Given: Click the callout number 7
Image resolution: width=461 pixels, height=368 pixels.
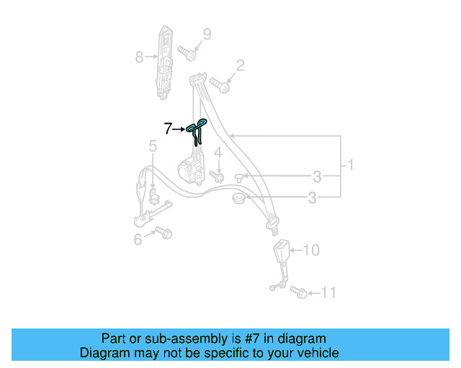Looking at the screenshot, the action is (x=168, y=129).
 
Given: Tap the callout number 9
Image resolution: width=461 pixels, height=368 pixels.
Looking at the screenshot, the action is (x=207, y=34).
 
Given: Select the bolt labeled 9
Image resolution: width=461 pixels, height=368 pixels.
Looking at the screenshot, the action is (x=187, y=53).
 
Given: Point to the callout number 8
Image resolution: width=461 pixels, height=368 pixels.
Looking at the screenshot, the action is (x=139, y=57).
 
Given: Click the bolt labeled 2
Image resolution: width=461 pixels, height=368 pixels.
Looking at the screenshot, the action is (x=220, y=85).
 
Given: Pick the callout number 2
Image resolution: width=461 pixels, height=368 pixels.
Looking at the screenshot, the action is (x=240, y=65).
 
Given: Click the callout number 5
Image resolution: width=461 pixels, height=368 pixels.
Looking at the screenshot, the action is (x=153, y=146).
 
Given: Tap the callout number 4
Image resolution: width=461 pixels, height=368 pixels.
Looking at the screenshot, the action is (x=218, y=152).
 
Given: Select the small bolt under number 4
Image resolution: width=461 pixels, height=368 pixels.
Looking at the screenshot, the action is (x=217, y=176).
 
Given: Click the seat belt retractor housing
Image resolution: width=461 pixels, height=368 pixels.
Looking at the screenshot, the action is (x=191, y=171).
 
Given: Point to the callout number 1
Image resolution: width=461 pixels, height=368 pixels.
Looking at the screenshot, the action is (x=350, y=165).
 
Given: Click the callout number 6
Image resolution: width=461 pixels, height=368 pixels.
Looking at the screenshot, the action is (x=138, y=239).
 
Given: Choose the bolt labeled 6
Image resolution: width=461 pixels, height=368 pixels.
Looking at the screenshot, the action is (x=164, y=232).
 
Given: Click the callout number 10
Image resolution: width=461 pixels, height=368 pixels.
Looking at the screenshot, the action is (x=311, y=250).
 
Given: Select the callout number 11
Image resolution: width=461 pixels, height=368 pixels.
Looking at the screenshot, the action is (x=328, y=293).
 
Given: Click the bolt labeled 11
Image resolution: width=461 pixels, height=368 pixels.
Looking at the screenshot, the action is (x=298, y=293).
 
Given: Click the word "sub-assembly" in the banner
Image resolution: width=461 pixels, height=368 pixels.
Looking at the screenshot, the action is (x=186, y=339).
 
